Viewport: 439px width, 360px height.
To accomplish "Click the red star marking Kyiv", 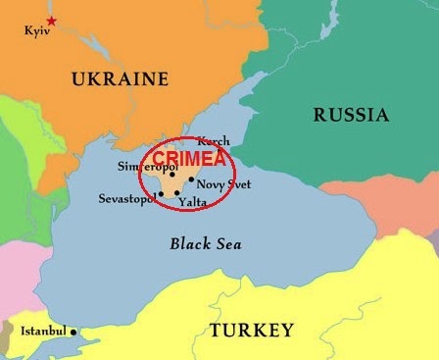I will pos(52,21).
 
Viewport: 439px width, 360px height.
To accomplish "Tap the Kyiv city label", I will pos(35,31).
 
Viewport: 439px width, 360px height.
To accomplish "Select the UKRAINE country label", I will pos(120,79).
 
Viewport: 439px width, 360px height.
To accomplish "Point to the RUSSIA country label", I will pos(351,116).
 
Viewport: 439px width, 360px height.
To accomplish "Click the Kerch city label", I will pos(214,141).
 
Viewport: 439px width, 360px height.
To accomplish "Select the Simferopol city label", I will pos(141,167).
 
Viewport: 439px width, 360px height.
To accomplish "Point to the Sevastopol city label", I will pos(126,199).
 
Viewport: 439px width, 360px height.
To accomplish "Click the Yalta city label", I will pos(193,202).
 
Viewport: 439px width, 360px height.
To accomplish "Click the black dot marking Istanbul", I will pos(73,332).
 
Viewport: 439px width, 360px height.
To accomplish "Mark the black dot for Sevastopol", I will pos(160,194).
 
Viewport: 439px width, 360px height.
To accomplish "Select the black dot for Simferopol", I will pos(171,174).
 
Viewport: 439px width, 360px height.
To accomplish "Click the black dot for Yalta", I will pos(176,193).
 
